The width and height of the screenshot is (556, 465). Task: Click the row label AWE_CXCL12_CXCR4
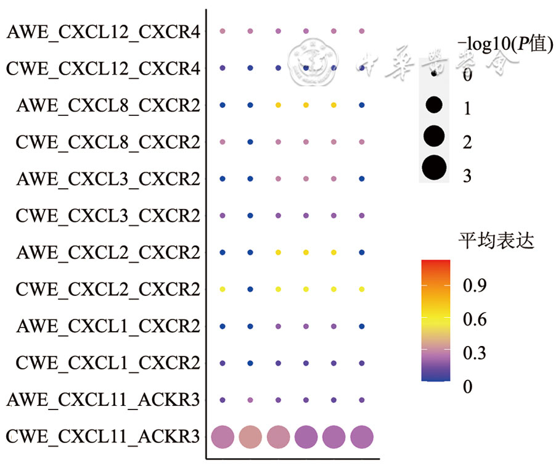(104, 31)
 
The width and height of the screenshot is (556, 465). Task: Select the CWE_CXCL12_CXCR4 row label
(104, 68)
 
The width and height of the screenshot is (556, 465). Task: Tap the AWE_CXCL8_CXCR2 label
(108, 105)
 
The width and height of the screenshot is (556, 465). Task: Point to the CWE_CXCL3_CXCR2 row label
(108, 216)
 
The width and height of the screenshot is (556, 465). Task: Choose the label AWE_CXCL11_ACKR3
(104, 400)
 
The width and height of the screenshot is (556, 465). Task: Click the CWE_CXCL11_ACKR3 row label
(104, 437)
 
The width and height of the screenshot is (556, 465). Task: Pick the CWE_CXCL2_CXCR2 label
(108, 289)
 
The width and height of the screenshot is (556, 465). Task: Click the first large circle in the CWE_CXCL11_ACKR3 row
(223, 437)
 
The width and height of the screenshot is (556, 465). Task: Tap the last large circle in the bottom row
(362, 437)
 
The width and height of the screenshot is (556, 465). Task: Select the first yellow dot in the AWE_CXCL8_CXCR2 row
(278, 105)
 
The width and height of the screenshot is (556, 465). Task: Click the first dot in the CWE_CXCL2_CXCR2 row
(223, 289)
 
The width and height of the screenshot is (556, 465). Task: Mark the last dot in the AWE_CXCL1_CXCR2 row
(362, 326)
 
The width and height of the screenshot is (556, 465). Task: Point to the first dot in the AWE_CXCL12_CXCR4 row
(223, 31)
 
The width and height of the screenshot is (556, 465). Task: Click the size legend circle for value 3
(435, 167)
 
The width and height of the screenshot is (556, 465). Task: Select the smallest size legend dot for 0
(435, 73)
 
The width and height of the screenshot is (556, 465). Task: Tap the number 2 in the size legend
(467, 142)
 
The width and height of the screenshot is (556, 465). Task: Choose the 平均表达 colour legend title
(496, 240)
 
